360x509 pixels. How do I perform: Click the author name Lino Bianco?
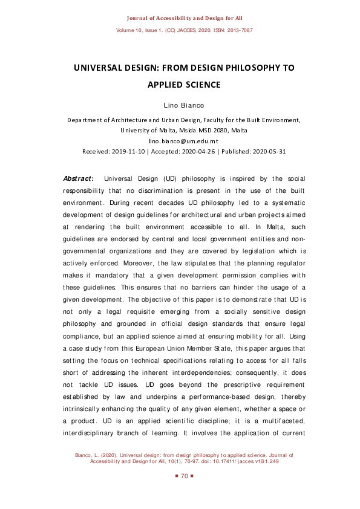[180, 106]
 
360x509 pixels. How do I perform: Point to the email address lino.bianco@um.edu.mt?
[180, 140]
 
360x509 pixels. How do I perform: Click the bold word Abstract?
[78, 179]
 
